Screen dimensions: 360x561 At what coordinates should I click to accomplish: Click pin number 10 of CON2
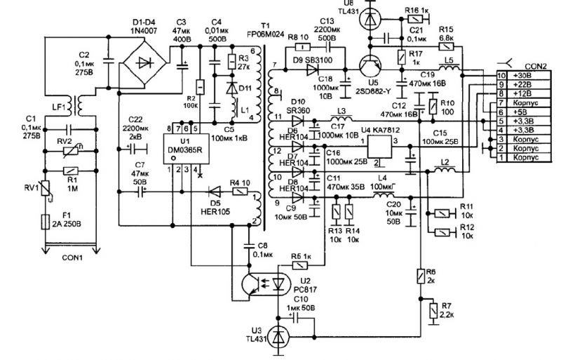click(501, 75)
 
